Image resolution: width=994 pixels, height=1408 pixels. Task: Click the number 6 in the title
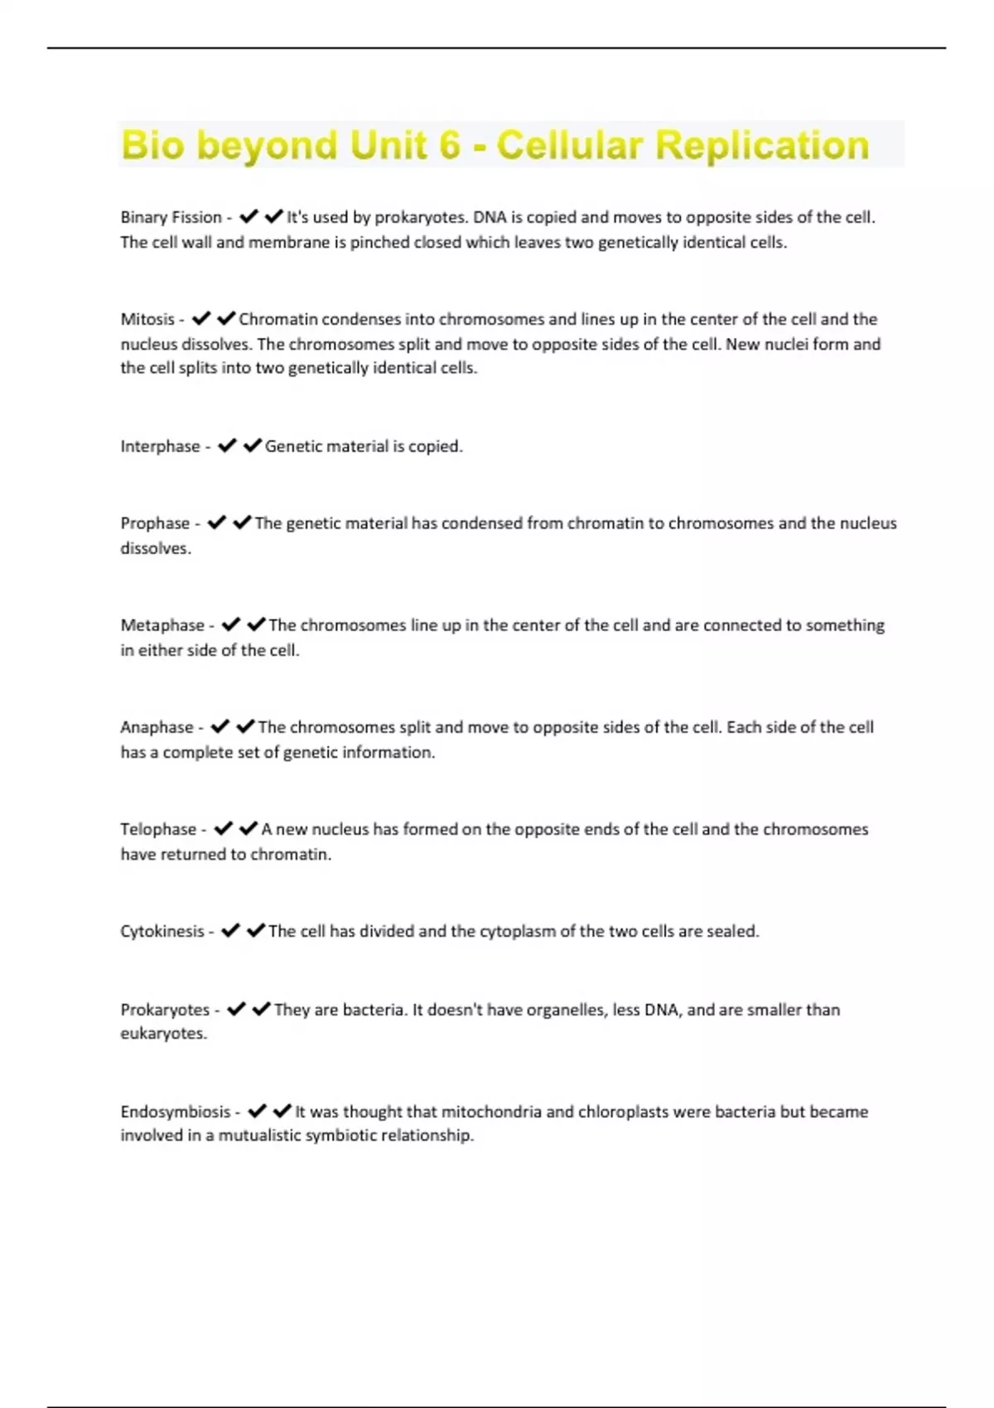(x=449, y=146)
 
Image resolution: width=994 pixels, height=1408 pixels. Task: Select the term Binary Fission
(x=171, y=218)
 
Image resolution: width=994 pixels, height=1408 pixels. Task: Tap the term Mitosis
(x=147, y=320)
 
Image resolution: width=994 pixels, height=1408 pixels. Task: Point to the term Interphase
(x=160, y=446)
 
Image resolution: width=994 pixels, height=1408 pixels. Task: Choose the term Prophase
(x=155, y=523)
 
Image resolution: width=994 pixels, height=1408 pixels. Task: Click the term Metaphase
(x=162, y=625)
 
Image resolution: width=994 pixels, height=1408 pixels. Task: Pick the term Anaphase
(x=157, y=727)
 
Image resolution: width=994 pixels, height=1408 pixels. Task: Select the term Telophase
(x=158, y=829)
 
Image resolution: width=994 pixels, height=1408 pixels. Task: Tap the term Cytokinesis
(x=162, y=931)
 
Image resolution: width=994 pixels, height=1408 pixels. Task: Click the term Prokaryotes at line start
(x=165, y=1010)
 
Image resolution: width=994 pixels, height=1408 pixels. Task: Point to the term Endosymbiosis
(x=176, y=1111)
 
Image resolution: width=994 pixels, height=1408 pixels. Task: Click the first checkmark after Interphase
(x=226, y=446)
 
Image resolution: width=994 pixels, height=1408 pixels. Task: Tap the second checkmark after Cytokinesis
(x=256, y=931)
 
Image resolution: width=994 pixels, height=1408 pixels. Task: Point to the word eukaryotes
(x=163, y=1034)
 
